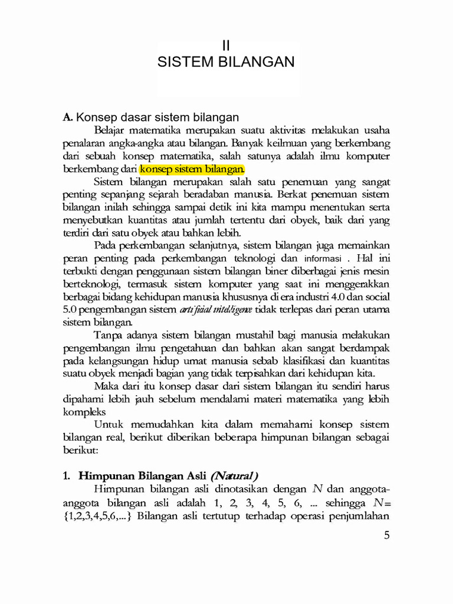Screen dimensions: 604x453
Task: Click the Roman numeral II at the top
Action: coord(226,45)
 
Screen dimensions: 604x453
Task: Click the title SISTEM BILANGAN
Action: coord(226,62)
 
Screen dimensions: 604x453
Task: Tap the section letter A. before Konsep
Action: coord(67,117)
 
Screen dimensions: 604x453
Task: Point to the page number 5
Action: coord(387,535)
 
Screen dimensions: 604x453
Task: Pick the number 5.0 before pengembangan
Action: coord(70,309)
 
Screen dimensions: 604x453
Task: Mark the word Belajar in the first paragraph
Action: coord(110,130)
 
